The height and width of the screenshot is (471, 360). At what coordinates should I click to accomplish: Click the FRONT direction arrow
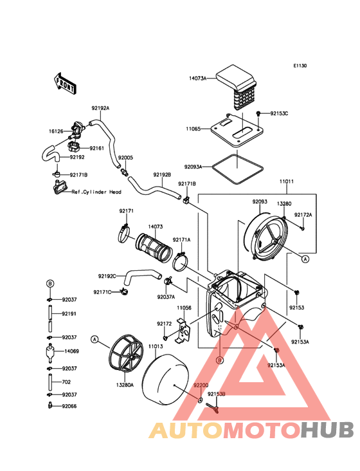pos(65,84)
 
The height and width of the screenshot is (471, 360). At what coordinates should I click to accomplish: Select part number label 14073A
pos(198,78)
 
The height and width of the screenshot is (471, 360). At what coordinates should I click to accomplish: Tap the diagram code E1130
pos(300,66)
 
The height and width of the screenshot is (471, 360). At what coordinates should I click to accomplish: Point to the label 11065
pos(194,129)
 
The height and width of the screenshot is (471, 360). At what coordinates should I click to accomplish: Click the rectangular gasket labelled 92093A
pos(238,169)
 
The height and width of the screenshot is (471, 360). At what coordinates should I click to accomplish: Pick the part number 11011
pos(287,181)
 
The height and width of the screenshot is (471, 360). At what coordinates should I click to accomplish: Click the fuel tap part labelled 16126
pos(76,131)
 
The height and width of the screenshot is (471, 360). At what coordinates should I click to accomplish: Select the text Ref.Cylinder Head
pos(96,192)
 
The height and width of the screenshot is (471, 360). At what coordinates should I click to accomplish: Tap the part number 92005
pos(125,158)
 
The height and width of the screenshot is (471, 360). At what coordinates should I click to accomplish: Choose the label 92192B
pos(162,174)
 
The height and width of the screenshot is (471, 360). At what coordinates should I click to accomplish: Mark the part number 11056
pos(184,308)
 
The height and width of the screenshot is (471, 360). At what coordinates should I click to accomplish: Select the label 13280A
pos(125,385)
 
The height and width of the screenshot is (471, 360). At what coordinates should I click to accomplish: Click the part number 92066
pos(69,406)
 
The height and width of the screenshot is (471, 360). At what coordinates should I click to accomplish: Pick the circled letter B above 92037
pos(50,283)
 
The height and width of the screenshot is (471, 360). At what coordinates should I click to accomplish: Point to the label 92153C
pos(279,113)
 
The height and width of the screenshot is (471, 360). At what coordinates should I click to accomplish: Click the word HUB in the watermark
pos(328,430)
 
